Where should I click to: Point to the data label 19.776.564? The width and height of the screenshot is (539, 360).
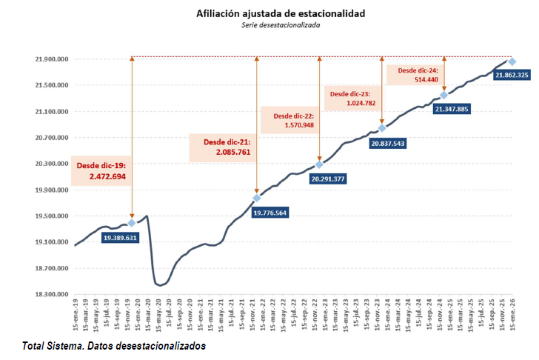281,213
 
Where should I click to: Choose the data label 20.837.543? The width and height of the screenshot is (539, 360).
393,144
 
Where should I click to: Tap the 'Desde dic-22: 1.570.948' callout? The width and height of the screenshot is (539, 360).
293,121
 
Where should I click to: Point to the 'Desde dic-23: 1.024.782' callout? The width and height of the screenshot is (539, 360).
352,99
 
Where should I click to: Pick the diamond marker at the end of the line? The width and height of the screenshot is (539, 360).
512,61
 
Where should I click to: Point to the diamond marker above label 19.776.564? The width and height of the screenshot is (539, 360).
257,198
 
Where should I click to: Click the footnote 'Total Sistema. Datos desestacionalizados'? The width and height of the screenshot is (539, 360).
113,346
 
